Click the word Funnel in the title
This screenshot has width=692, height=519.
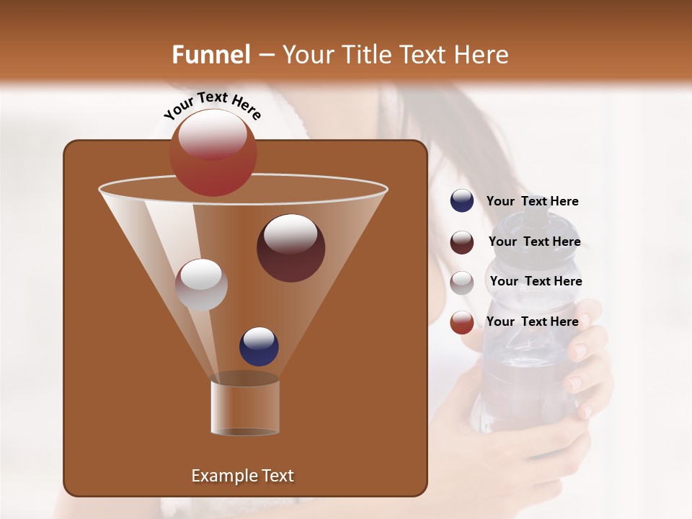[211, 55]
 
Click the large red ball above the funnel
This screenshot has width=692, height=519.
[213, 153]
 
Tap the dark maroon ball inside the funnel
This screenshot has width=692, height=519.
[290, 248]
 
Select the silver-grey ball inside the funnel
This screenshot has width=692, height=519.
[201, 285]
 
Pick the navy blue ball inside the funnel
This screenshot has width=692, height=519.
[259, 346]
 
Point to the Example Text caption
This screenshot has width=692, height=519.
[242, 476]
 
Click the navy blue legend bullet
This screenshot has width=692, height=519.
[462, 201]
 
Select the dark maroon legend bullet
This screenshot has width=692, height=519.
[462, 242]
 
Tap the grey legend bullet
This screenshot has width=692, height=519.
[462, 282]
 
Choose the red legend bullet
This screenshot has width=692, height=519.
[462, 322]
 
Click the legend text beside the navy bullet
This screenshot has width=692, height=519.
[532, 201]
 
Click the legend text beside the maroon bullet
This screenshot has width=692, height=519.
[534, 241]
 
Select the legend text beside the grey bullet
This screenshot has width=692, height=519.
[536, 281]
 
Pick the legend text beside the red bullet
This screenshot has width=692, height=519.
[532, 321]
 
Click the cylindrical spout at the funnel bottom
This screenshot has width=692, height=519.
[245, 407]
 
